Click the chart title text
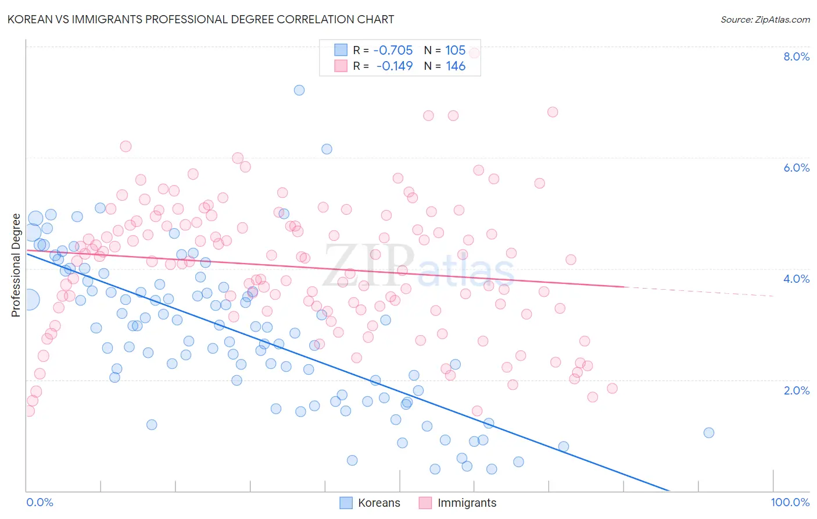(x=200, y=19)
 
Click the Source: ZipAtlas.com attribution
(x=765, y=19)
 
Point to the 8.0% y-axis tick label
(x=796, y=56)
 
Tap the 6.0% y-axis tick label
(x=796, y=168)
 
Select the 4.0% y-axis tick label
(x=796, y=279)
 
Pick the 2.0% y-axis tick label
(x=796, y=390)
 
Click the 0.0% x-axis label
(x=40, y=502)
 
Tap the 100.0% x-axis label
(x=790, y=502)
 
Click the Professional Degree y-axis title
(x=16, y=265)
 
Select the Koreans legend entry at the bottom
(x=370, y=503)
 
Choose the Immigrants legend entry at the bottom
(x=458, y=503)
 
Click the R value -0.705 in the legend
(x=393, y=51)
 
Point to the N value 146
(x=456, y=66)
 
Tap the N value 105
(x=456, y=51)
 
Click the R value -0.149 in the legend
(x=394, y=66)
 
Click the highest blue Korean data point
(x=299, y=90)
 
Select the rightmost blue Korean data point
(x=708, y=432)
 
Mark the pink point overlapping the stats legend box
(x=474, y=53)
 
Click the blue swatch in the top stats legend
(x=341, y=50)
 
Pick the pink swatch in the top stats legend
(x=341, y=66)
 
